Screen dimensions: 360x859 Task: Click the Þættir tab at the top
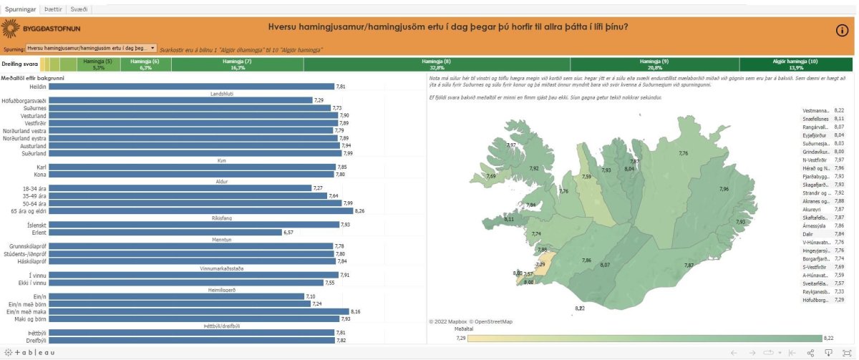(x=52, y=9)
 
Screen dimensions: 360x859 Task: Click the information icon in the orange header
(x=842, y=30)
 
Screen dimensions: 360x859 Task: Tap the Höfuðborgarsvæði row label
(x=24, y=100)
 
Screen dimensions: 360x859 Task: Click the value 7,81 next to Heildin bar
(x=341, y=86)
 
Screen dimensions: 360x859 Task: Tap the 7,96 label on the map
(x=724, y=189)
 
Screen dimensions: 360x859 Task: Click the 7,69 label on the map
(x=490, y=175)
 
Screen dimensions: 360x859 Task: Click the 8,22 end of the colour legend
(x=828, y=338)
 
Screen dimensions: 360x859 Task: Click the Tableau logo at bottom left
(x=29, y=353)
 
